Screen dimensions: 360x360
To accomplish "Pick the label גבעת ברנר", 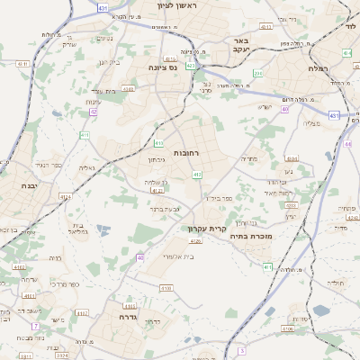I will [164, 210].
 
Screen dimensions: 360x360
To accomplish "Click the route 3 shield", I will [240, 351].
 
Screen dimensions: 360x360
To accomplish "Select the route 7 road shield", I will [35, 326].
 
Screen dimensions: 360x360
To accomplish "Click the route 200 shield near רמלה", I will [258, 74].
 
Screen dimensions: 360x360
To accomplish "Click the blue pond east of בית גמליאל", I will [101, 230].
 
